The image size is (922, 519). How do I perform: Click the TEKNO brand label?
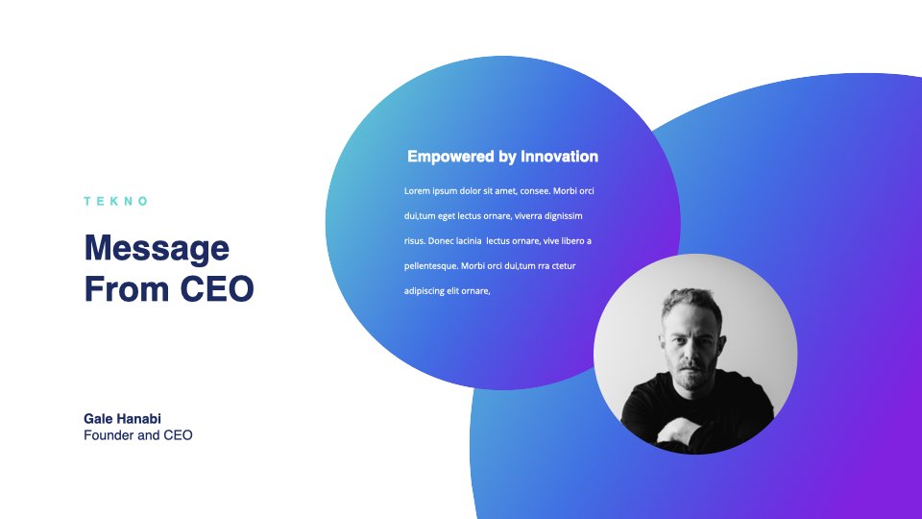115,201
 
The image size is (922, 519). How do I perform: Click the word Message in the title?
157,249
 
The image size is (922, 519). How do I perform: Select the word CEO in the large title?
217,289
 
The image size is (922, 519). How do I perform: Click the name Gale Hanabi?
122,419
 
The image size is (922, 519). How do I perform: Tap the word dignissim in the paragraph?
564,216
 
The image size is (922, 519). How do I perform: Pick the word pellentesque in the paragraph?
430,266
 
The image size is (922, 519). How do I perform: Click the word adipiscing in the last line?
424,291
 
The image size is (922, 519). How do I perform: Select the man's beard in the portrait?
693,378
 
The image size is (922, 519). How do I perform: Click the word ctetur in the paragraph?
564,266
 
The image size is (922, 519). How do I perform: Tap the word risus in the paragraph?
414,241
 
